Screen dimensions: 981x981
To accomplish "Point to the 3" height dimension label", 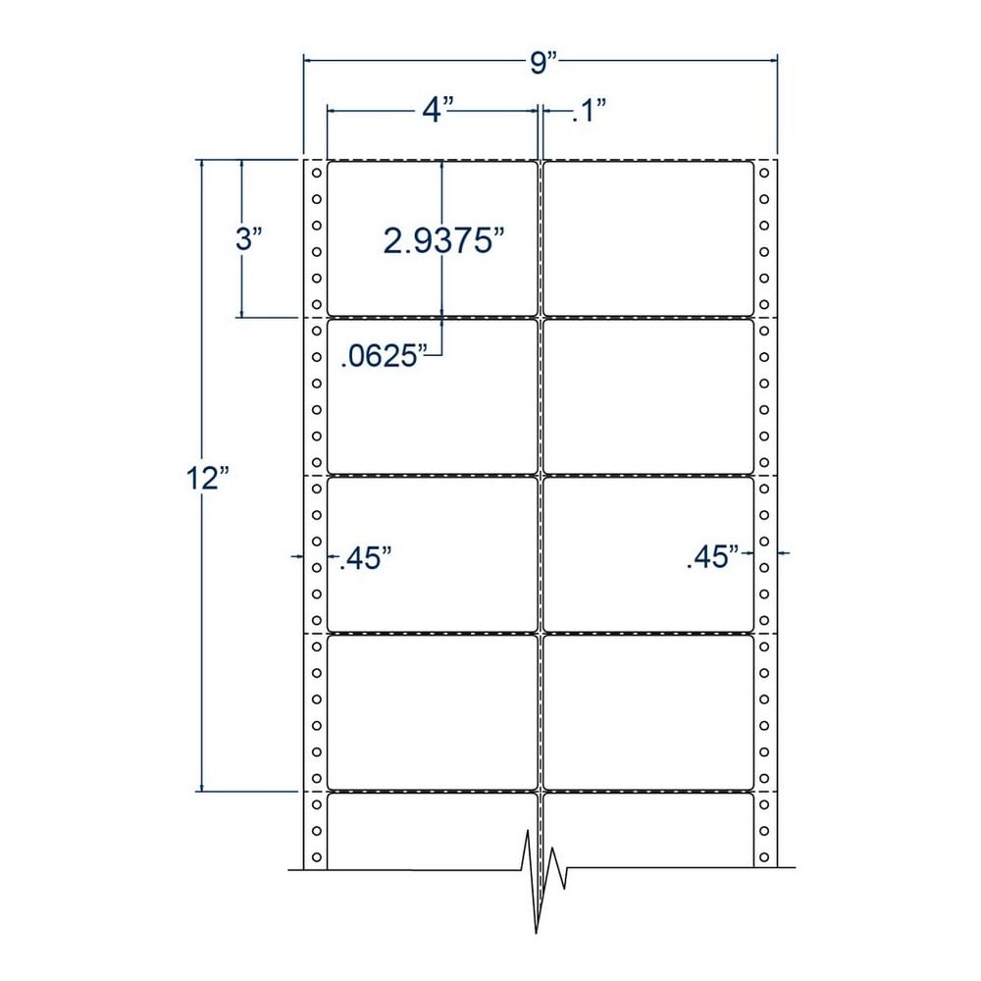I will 247,238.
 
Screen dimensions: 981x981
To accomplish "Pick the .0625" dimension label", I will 386,357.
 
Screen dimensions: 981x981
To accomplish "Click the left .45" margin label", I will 365,560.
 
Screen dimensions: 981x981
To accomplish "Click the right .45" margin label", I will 713,559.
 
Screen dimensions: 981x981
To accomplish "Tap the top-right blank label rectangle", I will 648,238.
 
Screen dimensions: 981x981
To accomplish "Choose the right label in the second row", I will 648,396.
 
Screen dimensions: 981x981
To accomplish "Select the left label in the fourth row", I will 433,711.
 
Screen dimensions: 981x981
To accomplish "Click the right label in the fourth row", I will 648,711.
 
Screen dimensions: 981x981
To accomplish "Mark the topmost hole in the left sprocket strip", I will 316,175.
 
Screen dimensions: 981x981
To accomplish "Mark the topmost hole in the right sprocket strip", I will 764,175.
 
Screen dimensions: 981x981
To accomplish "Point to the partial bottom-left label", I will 433,830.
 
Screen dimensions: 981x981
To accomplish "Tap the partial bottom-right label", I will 648,830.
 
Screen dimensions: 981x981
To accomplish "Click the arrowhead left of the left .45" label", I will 298,556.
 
